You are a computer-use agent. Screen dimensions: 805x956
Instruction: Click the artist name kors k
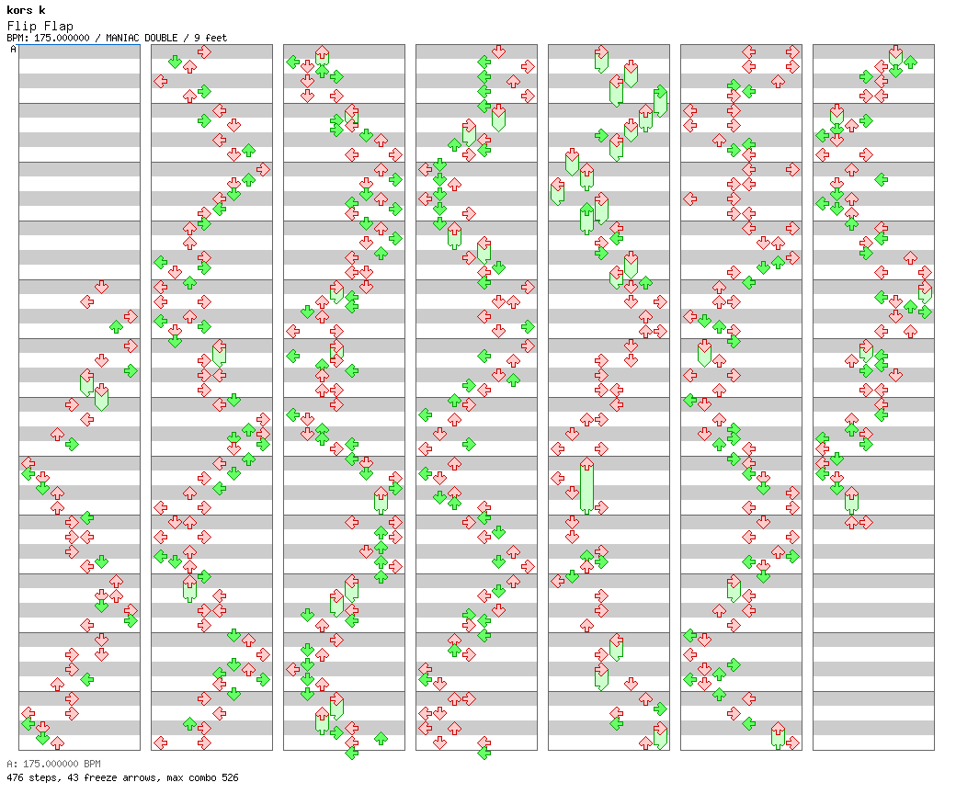coord(26,10)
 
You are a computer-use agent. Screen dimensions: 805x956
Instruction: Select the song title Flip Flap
coord(40,26)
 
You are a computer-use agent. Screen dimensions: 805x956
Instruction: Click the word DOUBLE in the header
coord(167,38)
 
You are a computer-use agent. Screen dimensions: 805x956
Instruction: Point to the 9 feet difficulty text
coord(211,38)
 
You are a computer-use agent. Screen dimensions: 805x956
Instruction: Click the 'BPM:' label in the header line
coord(17,38)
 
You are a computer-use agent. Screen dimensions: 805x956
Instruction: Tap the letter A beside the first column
coord(13,50)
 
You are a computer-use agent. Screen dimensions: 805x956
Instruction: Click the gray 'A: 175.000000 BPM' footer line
coord(53,764)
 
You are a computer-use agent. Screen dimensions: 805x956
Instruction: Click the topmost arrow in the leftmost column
coord(101,286)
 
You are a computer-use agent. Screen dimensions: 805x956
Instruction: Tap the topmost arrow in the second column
coord(204,51)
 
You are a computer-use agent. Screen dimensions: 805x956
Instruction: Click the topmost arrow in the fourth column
coord(498,51)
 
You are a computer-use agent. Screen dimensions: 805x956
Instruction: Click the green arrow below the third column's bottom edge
coord(351,753)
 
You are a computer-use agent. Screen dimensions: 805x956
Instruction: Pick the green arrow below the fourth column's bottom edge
coord(484,753)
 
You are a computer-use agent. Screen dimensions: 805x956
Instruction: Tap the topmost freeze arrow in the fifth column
coord(601,58)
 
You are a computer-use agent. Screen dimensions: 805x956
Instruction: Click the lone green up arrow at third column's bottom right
coord(381,738)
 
